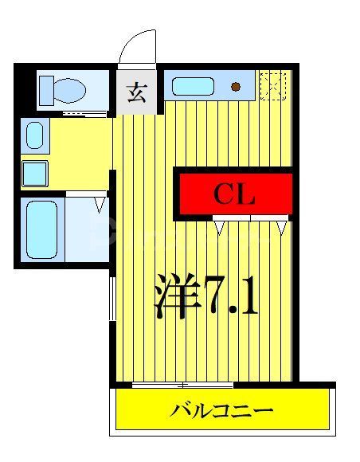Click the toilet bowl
(70, 89)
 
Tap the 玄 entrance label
(135, 92)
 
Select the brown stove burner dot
(236, 86)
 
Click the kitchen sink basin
(194, 85)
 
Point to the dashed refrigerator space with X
(272, 85)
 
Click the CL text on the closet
(233, 194)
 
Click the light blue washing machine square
(34, 171)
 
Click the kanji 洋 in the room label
(174, 296)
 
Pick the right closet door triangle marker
(281, 227)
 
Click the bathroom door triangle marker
(100, 204)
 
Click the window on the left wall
(112, 299)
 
